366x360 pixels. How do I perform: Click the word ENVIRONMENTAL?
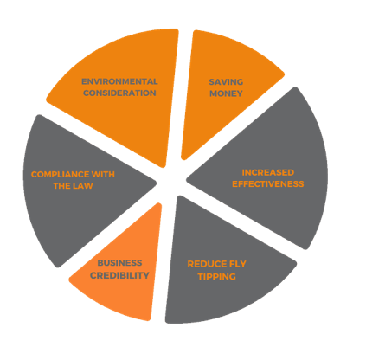(119, 81)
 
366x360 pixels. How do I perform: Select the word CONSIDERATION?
(119, 93)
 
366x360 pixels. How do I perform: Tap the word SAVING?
(226, 82)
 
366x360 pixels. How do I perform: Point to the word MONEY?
(226, 93)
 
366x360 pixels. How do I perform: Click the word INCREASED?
(268, 172)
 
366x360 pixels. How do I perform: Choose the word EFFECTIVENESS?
(268, 184)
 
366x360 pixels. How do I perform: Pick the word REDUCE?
(204, 264)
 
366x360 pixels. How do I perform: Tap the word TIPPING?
(217, 277)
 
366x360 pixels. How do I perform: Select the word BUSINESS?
(119, 263)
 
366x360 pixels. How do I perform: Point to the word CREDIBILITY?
(119, 275)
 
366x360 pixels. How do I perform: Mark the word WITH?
(103, 174)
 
